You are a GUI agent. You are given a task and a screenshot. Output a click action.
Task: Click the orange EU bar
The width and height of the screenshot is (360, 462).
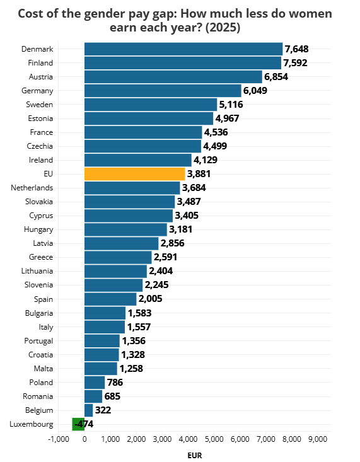click(x=135, y=174)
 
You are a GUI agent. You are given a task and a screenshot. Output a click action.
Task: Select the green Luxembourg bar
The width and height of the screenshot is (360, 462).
click(x=78, y=424)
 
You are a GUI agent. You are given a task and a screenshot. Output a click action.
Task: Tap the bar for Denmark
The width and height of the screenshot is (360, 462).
click(x=183, y=49)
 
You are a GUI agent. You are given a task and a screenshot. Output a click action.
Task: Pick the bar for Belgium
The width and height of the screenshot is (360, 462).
click(x=89, y=410)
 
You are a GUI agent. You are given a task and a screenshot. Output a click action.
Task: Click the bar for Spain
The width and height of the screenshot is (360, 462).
click(x=110, y=299)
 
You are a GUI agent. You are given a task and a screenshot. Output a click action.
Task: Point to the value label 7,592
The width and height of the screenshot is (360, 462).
click(x=295, y=63)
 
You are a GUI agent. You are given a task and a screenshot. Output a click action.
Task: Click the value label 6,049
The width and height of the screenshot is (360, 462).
click(x=255, y=91)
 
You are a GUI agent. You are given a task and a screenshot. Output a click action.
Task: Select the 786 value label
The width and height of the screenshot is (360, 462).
click(x=115, y=383)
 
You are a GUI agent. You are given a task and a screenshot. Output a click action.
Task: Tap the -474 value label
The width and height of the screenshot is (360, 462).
click(x=84, y=424)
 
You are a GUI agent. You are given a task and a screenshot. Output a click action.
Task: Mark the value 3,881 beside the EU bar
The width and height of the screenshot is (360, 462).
click(x=199, y=174)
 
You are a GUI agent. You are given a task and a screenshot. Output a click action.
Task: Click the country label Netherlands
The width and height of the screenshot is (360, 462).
click(x=32, y=188)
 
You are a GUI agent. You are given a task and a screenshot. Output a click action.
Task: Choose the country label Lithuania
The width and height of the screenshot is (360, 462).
click(x=37, y=271)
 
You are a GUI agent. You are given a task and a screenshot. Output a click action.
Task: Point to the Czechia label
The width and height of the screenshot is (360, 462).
click(x=40, y=146)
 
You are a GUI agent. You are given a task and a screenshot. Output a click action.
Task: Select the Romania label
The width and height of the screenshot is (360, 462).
click(x=38, y=396)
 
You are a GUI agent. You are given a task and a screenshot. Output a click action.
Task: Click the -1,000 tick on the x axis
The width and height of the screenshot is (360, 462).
click(x=59, y=439)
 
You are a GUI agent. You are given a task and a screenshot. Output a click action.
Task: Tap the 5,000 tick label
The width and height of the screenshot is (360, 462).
click(x=214, y=439)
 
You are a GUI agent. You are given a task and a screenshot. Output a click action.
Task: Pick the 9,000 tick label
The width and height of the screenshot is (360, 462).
click(x=318, y=439)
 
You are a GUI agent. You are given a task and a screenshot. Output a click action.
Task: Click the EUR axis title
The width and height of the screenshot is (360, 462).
click(x=195, y=456)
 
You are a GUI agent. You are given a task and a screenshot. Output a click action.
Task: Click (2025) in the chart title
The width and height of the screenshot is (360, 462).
click(x=223, y=28)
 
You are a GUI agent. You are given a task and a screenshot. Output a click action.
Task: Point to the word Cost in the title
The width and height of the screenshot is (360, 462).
click(x=31, y=14)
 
